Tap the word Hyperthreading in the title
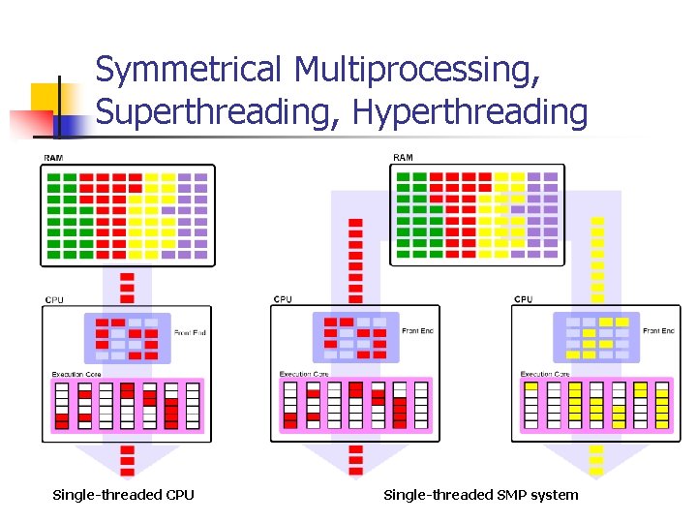coord(470,113)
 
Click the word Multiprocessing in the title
coord(416,71)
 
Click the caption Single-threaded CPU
coord(123,495)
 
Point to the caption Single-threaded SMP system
coord(480,495)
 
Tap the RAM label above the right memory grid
coord(403,158)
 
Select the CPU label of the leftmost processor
coord(54,300)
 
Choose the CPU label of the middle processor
coord(283,299)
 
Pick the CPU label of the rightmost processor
coord(523,299)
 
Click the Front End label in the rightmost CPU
coord(658,331)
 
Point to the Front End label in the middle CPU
coord(417,331)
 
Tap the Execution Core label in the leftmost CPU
coord(76,374)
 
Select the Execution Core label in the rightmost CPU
coord(544,374)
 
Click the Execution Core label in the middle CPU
coord(304,374)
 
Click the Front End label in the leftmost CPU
coord(190,333)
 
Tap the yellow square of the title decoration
coord(44,97)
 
